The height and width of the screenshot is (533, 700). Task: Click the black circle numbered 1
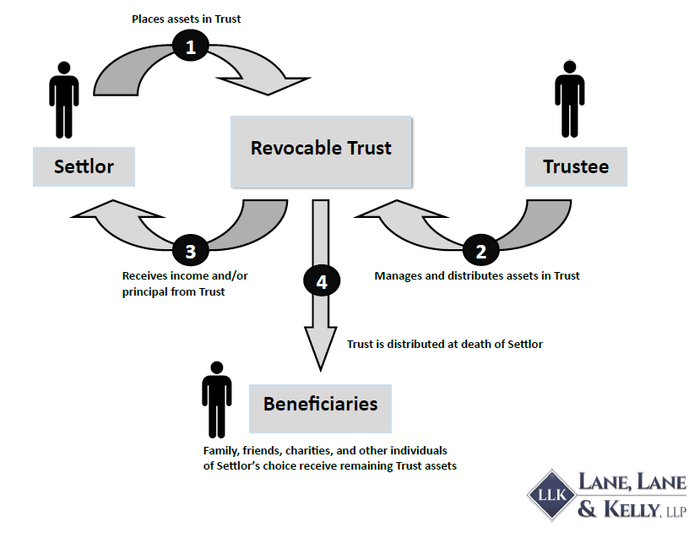tap(191, 47)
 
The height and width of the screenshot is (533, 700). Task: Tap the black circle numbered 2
tap(481, 251)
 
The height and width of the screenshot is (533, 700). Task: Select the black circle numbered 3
tap(190, 251)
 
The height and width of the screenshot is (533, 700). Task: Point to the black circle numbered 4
tap(321, 282)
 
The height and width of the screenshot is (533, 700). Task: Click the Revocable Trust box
tap(321, 150)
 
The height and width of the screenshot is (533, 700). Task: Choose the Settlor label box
tap(84, 166)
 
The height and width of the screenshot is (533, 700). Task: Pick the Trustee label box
tap(576, 166)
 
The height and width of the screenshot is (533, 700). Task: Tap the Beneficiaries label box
tap(320, 404)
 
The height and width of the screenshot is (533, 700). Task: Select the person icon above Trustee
tap(569, 106)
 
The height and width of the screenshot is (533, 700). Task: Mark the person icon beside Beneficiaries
tap(217, 399)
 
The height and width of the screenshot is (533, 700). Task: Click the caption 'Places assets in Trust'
tap(191, 18)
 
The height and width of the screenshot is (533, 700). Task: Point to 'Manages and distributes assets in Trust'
tap(477, 275)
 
